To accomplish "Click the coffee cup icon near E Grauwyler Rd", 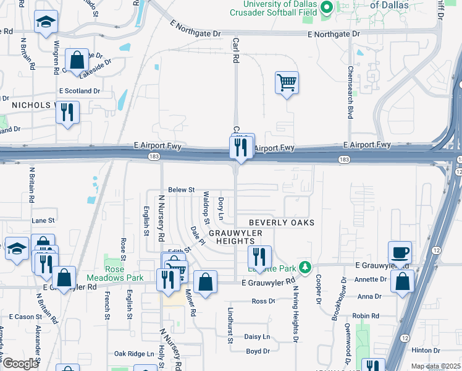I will (400, 252).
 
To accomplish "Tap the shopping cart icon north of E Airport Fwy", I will (287, 82).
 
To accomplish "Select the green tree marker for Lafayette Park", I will (304, 267).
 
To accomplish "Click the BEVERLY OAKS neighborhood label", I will (282, 223).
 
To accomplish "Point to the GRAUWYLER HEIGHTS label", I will (235, 237).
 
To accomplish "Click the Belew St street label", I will (182, 190).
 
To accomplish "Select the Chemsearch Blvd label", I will (350, 93).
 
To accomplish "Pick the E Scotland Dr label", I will (80, 91).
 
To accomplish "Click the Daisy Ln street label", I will (257, 337).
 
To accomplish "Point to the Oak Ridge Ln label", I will (134, 354).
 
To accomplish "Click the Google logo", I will (20, 364).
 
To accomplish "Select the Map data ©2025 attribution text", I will (435, 367).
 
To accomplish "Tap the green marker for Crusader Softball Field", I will (327, 7).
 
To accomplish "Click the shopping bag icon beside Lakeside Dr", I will (77, 61).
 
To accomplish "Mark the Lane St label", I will (43, 220).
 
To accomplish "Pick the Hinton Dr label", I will (429, 349).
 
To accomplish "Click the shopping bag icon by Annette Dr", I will (402, 281).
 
